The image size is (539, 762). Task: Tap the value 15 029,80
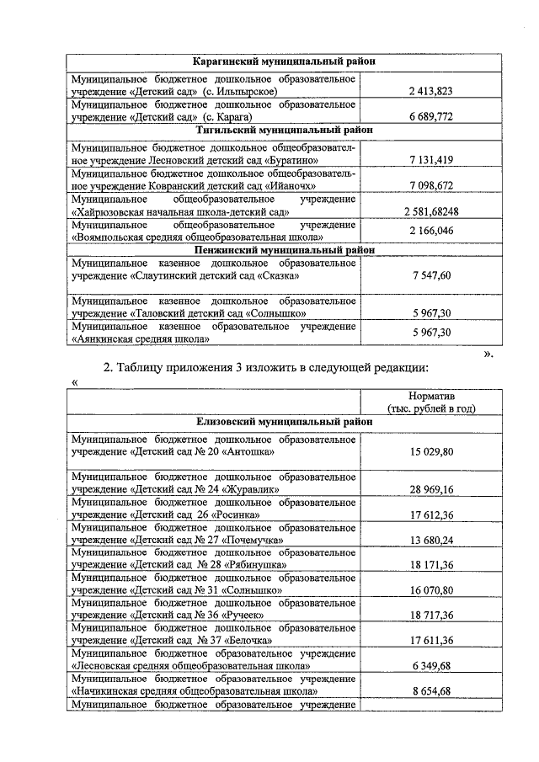(x=432, y=452)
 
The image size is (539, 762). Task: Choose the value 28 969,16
(x=432, y=488)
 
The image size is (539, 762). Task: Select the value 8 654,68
(x=432, y=691)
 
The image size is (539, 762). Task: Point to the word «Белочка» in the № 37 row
(x=260, y=641)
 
